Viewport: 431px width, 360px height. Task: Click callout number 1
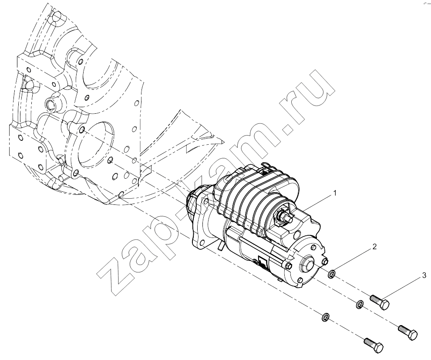(335, 194)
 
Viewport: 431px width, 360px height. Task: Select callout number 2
(374, 247)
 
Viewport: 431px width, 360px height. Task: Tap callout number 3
(424, 275)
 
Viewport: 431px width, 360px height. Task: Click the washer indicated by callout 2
(332, 274)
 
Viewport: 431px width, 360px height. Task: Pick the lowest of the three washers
(326, 317)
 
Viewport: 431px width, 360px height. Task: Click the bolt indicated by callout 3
(380, 302)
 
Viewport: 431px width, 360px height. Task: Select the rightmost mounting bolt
(408, 332)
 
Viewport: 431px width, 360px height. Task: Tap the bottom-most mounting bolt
(373, 346)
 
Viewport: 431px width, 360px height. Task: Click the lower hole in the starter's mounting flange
(203, 242)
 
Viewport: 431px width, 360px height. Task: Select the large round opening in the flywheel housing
(95, 145)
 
